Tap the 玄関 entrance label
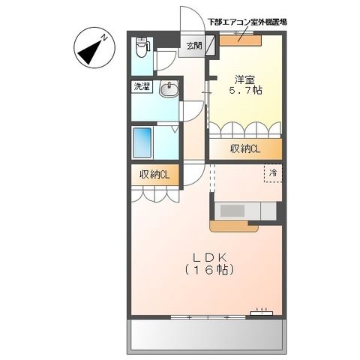(x=193, y=46)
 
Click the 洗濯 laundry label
(x=142, y=87)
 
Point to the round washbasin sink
(x=168, y=89)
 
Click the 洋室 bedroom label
(x=242, y=79)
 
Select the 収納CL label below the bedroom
(x=245, y=148)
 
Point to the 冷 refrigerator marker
(x=273, y=172)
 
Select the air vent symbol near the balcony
(x=262, y=309)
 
